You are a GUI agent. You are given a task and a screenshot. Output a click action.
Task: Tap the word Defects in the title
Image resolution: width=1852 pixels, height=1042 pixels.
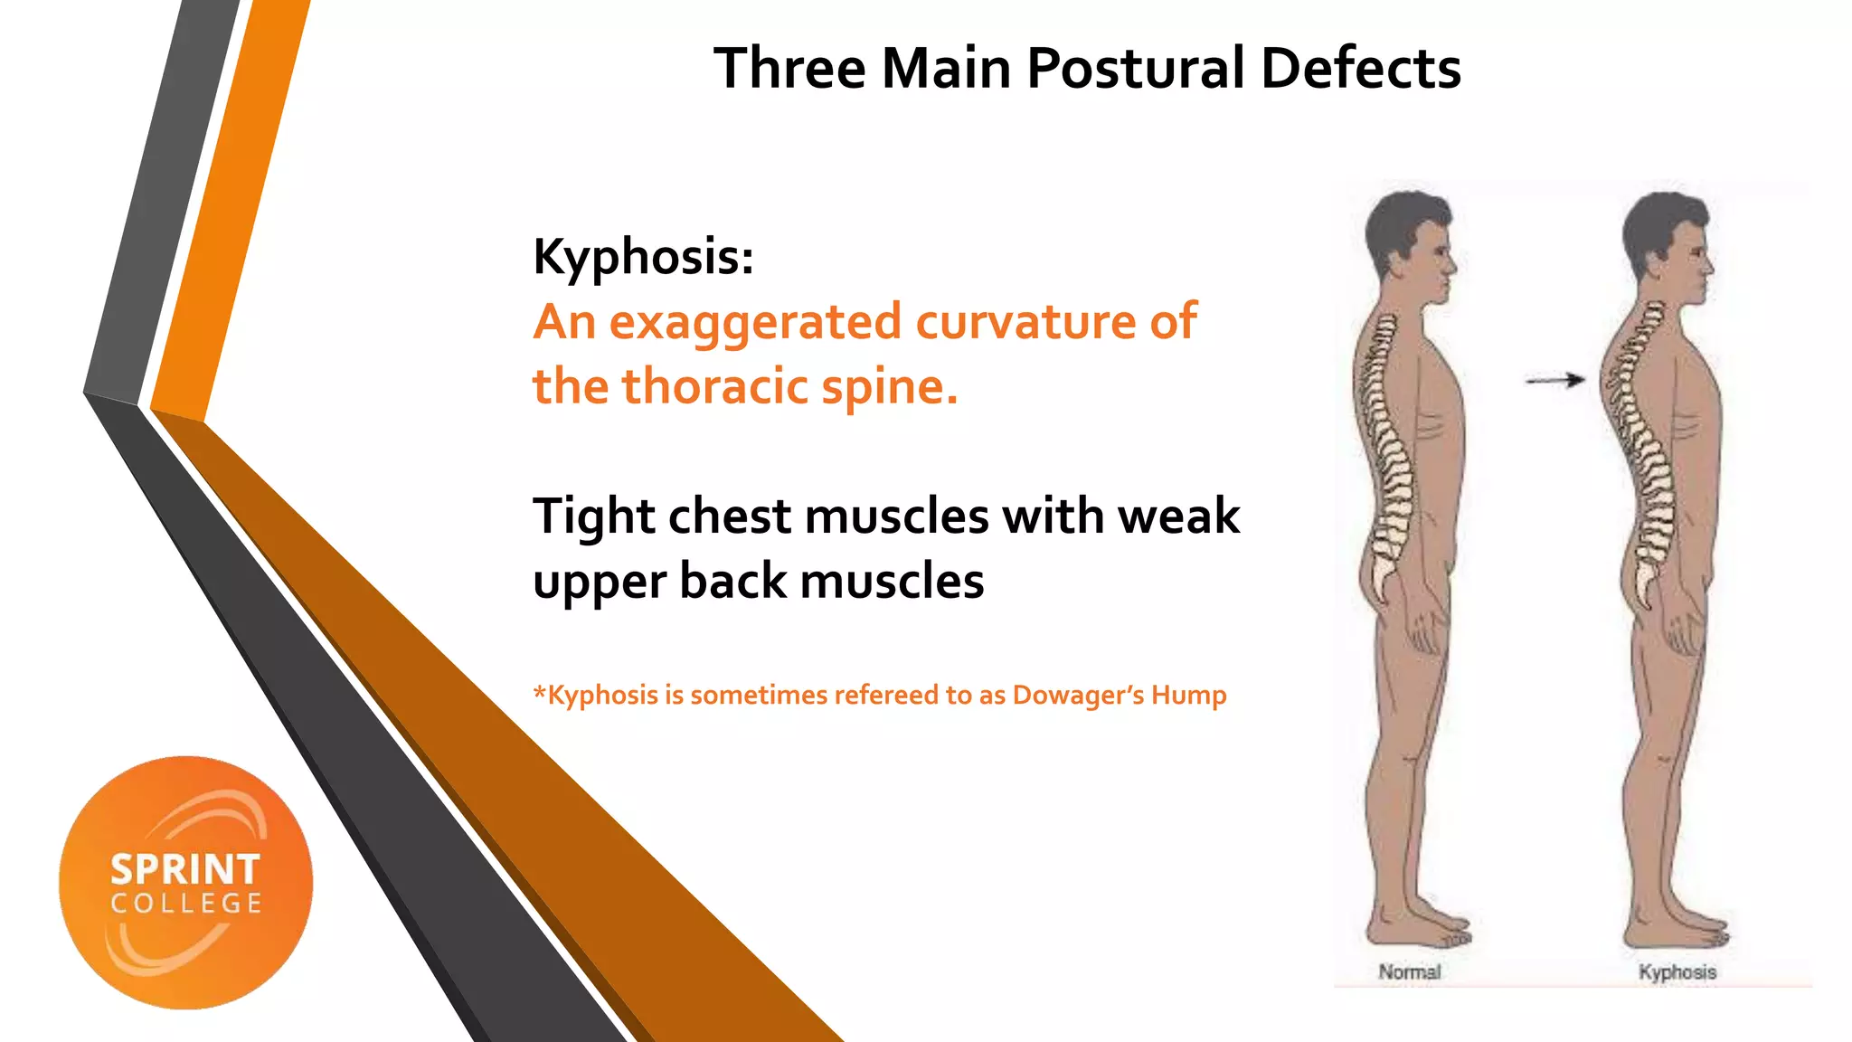(x=1360, y=69)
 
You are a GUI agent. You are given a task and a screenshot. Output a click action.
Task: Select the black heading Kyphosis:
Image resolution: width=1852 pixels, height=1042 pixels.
(x=643, y=257)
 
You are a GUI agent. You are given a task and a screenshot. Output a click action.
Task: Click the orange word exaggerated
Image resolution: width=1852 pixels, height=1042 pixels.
(x=755, y=323)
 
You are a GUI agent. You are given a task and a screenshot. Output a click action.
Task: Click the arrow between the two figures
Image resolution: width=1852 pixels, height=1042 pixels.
(x=1554, y=381)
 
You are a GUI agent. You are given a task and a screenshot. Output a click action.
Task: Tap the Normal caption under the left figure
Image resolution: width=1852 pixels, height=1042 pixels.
(x=1409, y=972)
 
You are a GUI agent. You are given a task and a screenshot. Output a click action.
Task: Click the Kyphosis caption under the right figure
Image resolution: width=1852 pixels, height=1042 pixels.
(x=1677, y=972)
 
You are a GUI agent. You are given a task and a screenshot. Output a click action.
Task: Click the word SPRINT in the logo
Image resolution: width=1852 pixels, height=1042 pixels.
(x=185, y=870)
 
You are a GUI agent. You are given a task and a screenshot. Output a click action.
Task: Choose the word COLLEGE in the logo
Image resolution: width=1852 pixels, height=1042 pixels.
(x=186, y=904)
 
